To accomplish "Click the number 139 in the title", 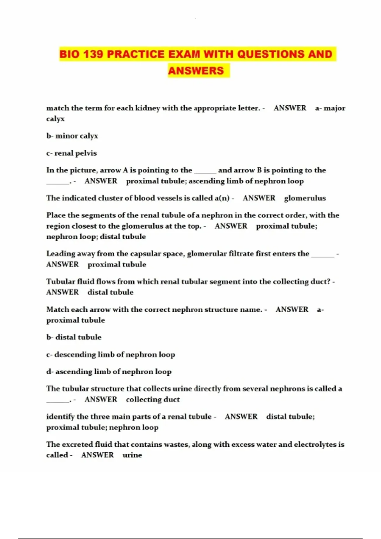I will (x=93, y=54).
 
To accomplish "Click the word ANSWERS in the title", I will (x=196, y=70).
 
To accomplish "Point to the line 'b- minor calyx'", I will (x=72, y=136).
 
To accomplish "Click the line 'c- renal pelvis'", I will (x=71, y=153).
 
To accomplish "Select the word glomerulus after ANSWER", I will (x=305, y=198).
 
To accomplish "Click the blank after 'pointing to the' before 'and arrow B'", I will (x=205, y=171).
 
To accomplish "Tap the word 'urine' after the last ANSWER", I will (x=132, y=455).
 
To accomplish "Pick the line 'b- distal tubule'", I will (x=74, y=337).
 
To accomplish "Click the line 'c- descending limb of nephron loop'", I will (x=110, y=354).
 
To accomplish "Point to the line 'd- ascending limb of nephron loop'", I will (x=109, y=372).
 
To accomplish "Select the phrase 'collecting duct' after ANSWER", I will (x=153, y=399).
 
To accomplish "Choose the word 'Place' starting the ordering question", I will (x=56, y=215).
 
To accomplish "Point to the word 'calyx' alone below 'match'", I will (x=55, y=119).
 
